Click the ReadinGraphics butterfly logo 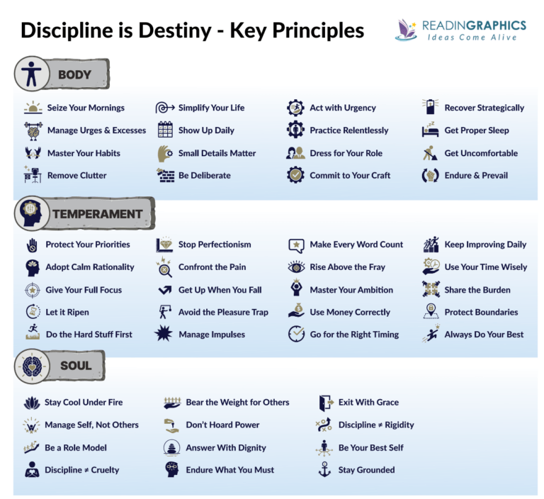tap(407, 29)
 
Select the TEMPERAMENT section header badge tap(84, 213)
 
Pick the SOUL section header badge tap(60, 366)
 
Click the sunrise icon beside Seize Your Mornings tap(33, 108)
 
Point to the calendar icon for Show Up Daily tap(165, 130)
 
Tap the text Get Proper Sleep tap(476, 130)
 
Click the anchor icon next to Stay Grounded tap(325, 469)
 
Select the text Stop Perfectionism tap(215, 245)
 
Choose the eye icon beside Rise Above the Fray tap(296, 267)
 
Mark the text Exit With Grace tap(368, 402)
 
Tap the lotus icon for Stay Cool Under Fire tap(32, 403)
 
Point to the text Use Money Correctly tap(350, 312)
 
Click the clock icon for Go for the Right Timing tap(296, 335)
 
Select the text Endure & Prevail tap(476, 175)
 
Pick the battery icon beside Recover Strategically tap(430, 108)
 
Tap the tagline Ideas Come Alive tap(477, 38)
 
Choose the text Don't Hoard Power tap(222, 425)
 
